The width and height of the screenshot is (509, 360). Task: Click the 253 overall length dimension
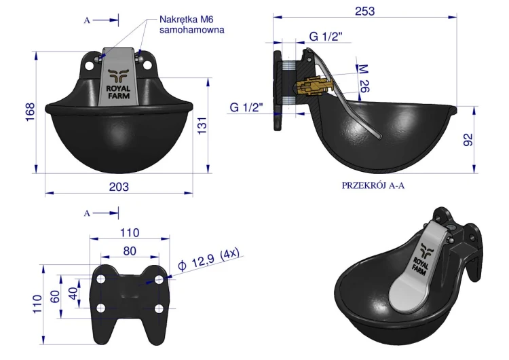tap(365, 11)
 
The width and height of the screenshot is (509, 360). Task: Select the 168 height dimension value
tap(30, 112)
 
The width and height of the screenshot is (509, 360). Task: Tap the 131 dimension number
tap(202, 126)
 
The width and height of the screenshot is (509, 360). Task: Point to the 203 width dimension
tap(119, 187)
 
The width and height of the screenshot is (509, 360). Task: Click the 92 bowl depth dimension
tap(468, 140)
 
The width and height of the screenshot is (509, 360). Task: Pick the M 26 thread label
tap(363, 78)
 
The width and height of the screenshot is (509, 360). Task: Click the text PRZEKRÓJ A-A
tap(373, 185)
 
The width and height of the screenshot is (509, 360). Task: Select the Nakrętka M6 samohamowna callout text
tap(192, 24)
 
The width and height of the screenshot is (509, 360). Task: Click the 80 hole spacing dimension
tap(130, 251)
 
